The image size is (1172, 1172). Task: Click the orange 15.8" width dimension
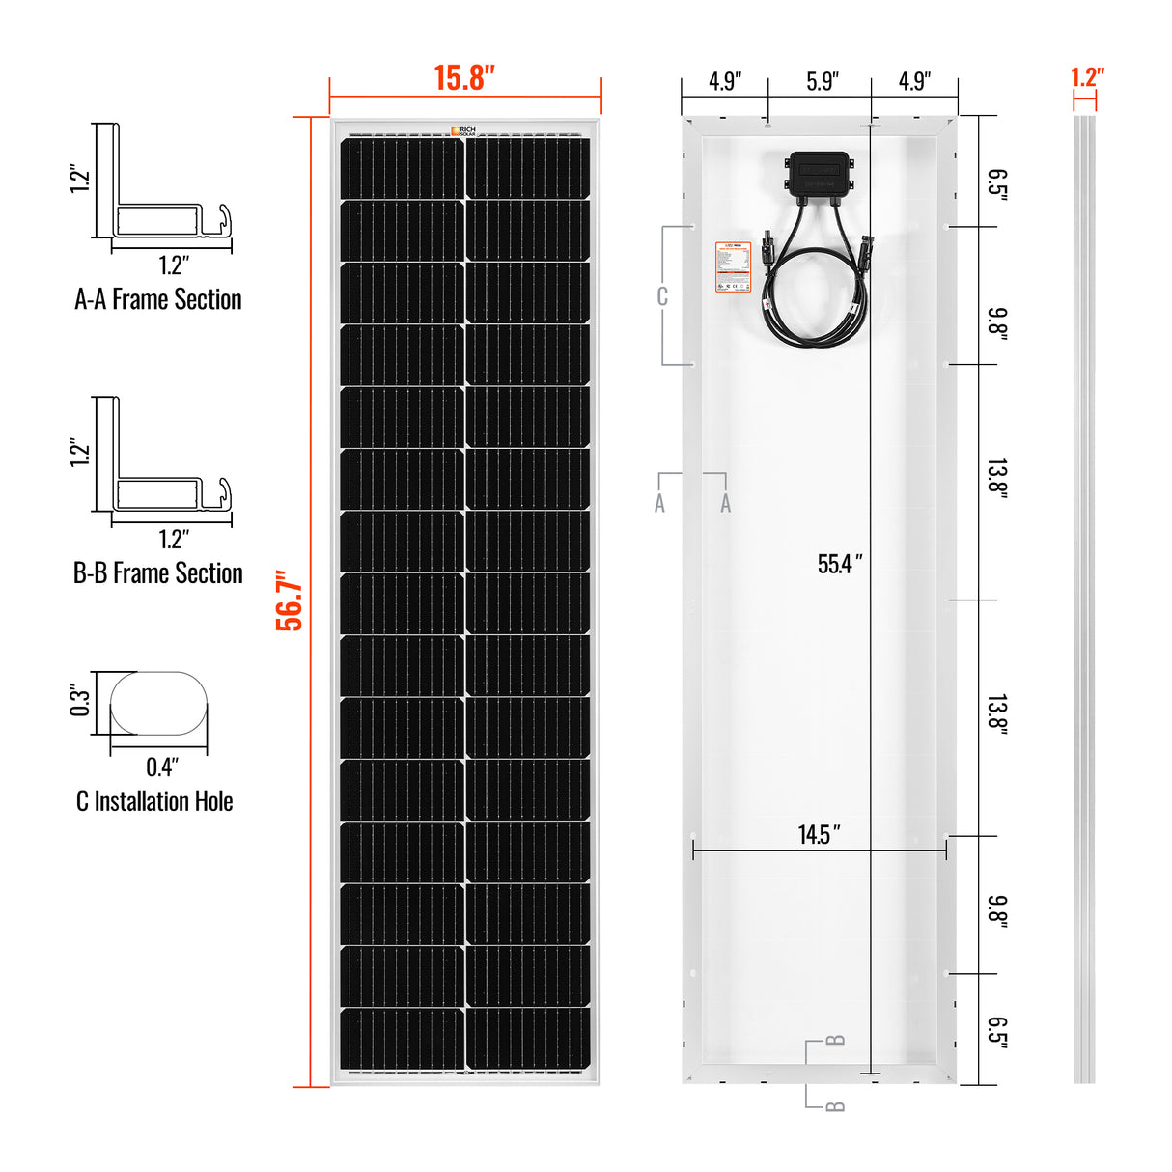tap(464, 78)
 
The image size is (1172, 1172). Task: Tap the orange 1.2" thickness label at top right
tap(1087, 77)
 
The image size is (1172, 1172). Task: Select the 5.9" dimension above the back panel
tap(822, 81)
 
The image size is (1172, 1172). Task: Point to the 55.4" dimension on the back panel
tap(839, 564)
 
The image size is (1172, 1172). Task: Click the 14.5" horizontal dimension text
tap(819, 835)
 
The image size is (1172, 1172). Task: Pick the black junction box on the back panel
tap(820, 175)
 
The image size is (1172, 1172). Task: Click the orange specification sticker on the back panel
tap(733, 266)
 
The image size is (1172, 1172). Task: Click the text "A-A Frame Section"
tap(158, 300)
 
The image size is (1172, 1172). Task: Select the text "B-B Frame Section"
tap(158, 573)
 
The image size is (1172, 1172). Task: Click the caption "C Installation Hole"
tap(154, 801)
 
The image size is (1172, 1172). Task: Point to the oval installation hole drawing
tap(158, 704)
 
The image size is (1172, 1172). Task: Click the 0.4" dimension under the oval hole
tap(162, 767)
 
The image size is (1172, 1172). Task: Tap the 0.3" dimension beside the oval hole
tap(79, 701)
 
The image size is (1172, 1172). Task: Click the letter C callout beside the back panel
tap(662, 296)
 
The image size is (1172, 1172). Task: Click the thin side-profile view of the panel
tap(1084, 599)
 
